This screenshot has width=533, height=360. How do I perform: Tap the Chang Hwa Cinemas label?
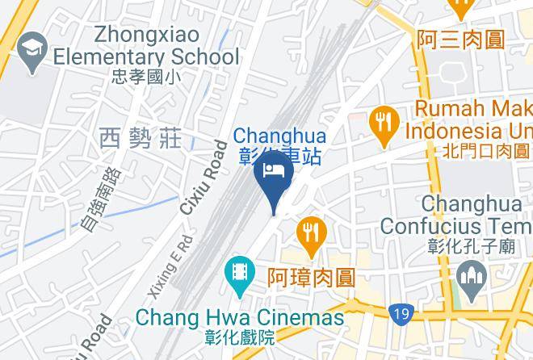pyautogui.click(x=239, y=317)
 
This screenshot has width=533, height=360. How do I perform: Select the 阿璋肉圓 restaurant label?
pyautogui.click(x=311, y=278)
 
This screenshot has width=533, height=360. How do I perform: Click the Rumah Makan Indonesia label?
pyautogui.click(x=468, y=119)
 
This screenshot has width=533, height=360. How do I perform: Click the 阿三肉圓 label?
pyautogui.click(x=460, y=39)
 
